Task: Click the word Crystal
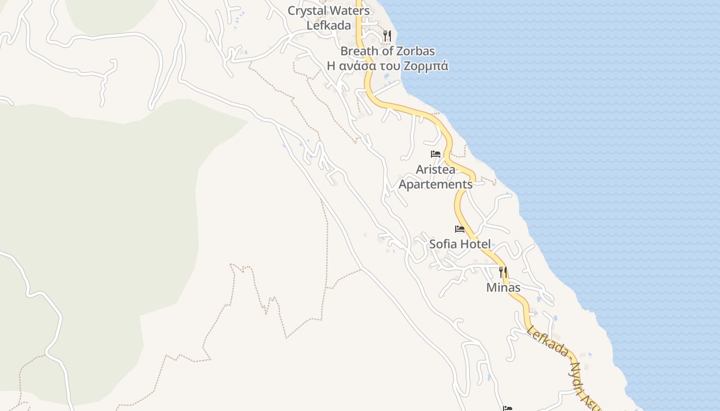(x=306, y=11)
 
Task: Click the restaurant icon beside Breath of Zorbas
(x=387, y=36)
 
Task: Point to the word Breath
(x=358, y=51)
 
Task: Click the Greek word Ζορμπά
(x=426, y=66)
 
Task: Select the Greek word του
(x=390, y=66)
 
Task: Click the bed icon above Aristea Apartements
(x=436, y=154)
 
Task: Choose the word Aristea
(x=436, y=170)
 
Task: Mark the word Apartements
(x=436, y=184)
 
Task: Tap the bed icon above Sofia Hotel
(x=460, y=229)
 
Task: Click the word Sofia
(x=443, y=244)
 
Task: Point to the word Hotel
(x=475, y=244)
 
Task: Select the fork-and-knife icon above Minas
(x=503, y=272)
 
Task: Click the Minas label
(x=503, y=288)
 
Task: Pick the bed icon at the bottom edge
(x=508, y=408)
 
